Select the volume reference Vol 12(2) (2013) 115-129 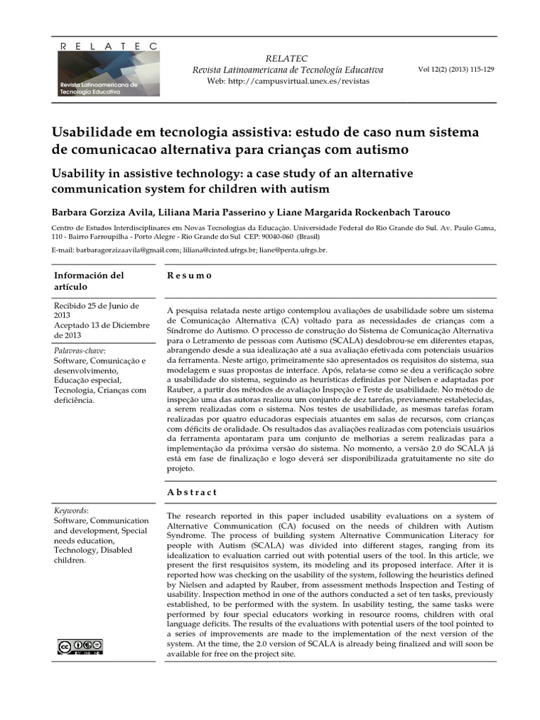coord(456,70)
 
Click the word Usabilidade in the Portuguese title coord(92,133)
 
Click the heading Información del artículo coord(89,281)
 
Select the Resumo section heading coord(189,276)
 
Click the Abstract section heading coord(192,492)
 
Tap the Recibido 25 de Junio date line coord(96,311)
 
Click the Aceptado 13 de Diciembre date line coord(101,330)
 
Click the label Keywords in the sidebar coord(71,510)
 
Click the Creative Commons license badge coord(79,646)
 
